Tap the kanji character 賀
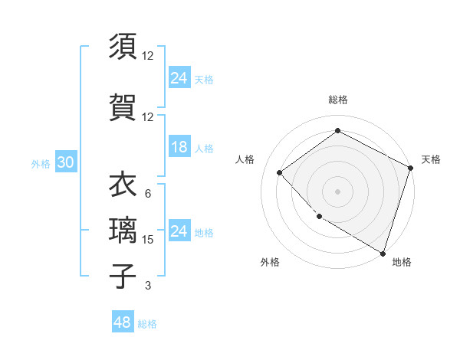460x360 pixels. pos(122,108)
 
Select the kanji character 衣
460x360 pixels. pos(122,184)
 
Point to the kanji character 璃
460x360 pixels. pos(122,231)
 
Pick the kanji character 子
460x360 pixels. pos(122,276)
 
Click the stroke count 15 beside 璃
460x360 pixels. pos(148,240)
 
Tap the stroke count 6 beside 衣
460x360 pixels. pos(147,194)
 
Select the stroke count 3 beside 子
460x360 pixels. pos(147,286)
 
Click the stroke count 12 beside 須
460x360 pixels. pos(148,56)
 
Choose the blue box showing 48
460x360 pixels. pos(123,322)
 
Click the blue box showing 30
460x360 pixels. pos(65,162)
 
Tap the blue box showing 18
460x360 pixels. pos(179,147)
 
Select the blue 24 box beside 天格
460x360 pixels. pos(179,77)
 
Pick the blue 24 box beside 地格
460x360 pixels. pos(179,231)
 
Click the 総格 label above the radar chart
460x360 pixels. pos(337,100)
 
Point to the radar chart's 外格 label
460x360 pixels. pos(270,262)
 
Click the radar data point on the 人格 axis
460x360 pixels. pos(280,173)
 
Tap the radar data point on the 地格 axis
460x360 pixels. pos(383,253)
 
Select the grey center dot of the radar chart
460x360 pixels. pos(337,191)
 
